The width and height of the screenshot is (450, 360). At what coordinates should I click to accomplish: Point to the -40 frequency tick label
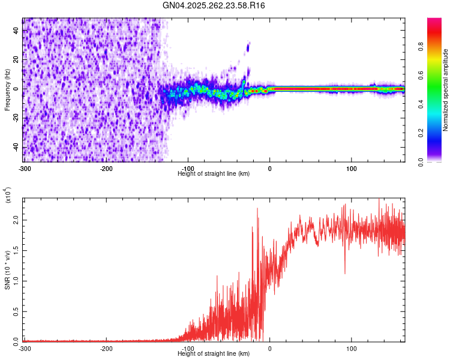(15, 148)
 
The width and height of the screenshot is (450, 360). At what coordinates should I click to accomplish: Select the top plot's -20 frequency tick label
(15, 118)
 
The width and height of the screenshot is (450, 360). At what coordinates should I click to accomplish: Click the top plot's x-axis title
(214, 173)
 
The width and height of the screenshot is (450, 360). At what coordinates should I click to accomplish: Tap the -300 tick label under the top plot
(25, 168)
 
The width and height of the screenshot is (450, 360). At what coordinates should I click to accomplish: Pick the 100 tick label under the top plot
(352, 168)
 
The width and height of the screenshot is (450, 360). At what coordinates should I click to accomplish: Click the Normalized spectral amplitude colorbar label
(446, 90)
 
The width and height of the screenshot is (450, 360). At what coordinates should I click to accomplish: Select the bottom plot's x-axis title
(214, 353)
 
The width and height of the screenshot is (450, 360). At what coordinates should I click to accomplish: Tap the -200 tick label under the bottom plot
(106, 348)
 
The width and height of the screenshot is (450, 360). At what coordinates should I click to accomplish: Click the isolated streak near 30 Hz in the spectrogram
(248, 47)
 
